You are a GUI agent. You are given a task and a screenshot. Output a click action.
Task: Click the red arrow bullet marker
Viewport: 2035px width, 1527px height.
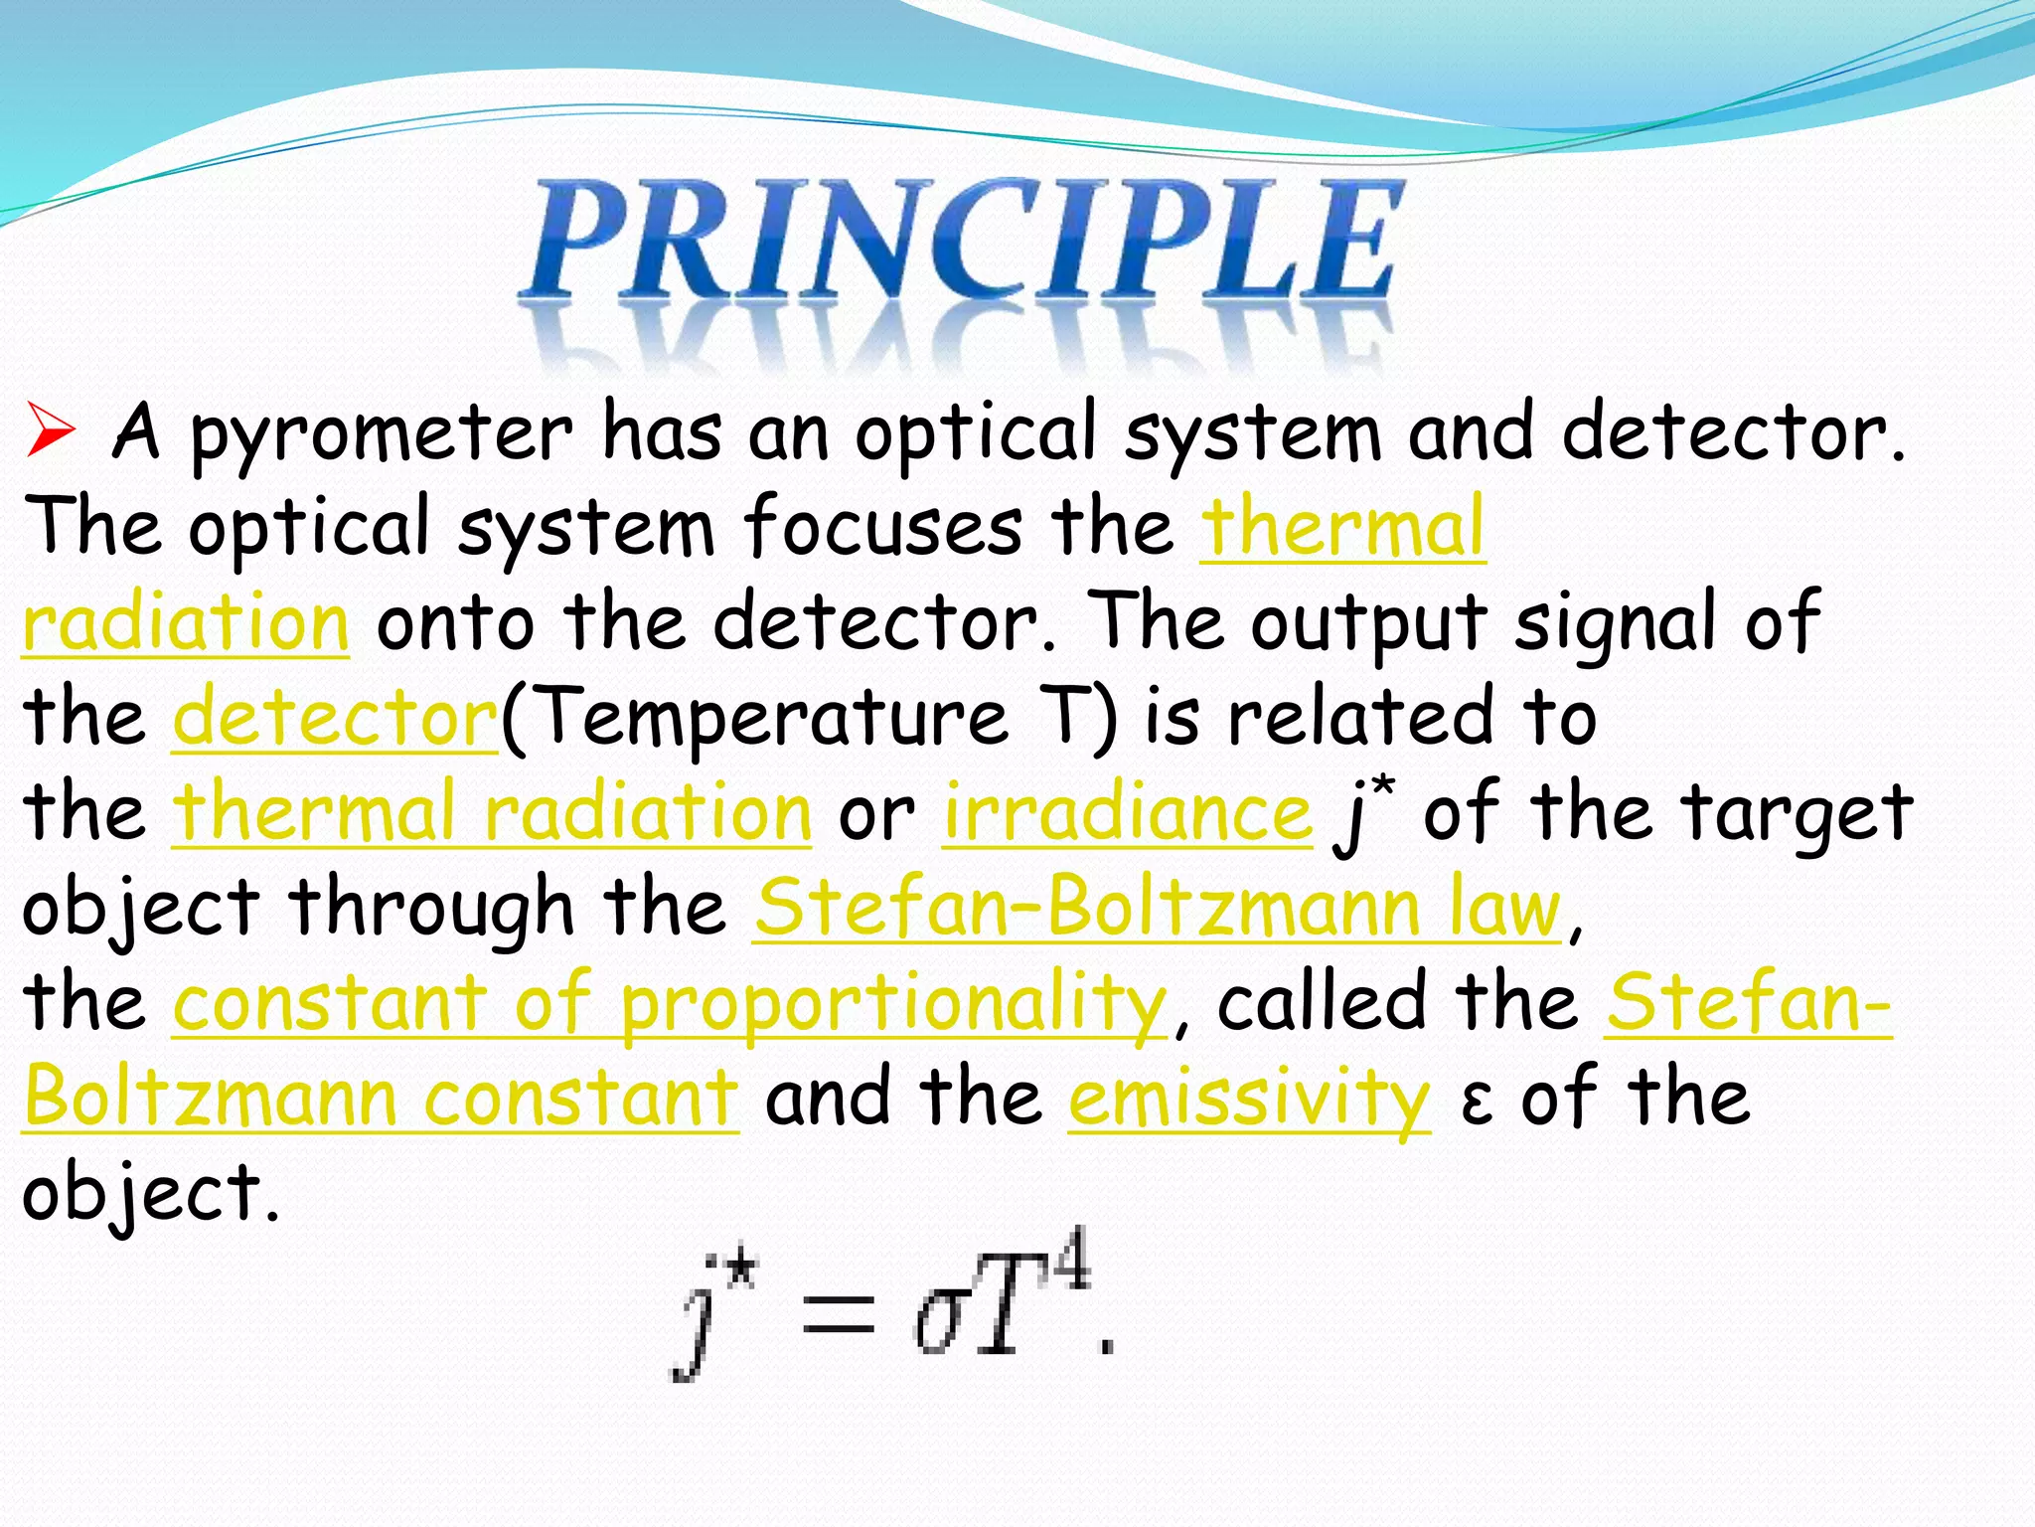coord(50,430)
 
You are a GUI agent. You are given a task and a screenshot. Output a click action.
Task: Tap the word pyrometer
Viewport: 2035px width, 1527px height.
coord(381,434)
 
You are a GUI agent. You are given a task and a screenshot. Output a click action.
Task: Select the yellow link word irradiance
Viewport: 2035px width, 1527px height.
coord(1127,813)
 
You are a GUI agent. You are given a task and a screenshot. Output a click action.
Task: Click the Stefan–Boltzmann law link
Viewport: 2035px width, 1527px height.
coord(1157,908)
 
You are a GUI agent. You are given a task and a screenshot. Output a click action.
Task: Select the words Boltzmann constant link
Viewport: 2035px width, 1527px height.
coord(381,1099)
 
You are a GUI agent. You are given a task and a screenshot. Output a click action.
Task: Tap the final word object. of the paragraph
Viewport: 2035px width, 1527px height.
coord(150,1193)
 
